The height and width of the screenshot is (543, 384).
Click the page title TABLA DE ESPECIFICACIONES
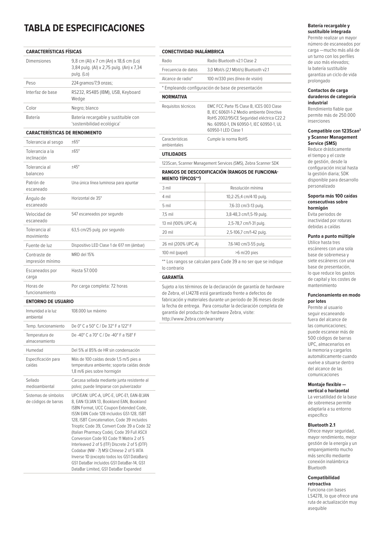84,28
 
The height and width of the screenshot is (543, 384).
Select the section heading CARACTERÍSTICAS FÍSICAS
54,52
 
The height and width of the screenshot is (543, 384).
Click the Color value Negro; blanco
85,108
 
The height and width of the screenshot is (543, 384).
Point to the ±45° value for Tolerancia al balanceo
76,167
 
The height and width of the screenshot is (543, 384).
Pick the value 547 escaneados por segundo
97,214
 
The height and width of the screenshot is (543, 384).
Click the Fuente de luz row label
39,245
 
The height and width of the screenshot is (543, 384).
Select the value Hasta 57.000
84,271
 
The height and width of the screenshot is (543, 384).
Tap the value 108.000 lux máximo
89,311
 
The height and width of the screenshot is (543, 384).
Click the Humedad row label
35,350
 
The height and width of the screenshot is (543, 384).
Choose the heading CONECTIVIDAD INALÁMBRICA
193,52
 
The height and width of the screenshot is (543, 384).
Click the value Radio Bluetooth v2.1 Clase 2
232,61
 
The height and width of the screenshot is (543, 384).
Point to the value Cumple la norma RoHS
227,139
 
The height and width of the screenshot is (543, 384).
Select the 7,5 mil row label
168,214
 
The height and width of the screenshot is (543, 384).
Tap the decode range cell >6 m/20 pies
247,253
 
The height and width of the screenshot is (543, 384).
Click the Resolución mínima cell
247,188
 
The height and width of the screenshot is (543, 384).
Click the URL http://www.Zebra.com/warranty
193,319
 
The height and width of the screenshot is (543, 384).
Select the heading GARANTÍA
173,277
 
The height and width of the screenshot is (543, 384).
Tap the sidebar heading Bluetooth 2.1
321,425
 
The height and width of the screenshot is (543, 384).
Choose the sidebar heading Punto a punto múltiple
331,236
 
